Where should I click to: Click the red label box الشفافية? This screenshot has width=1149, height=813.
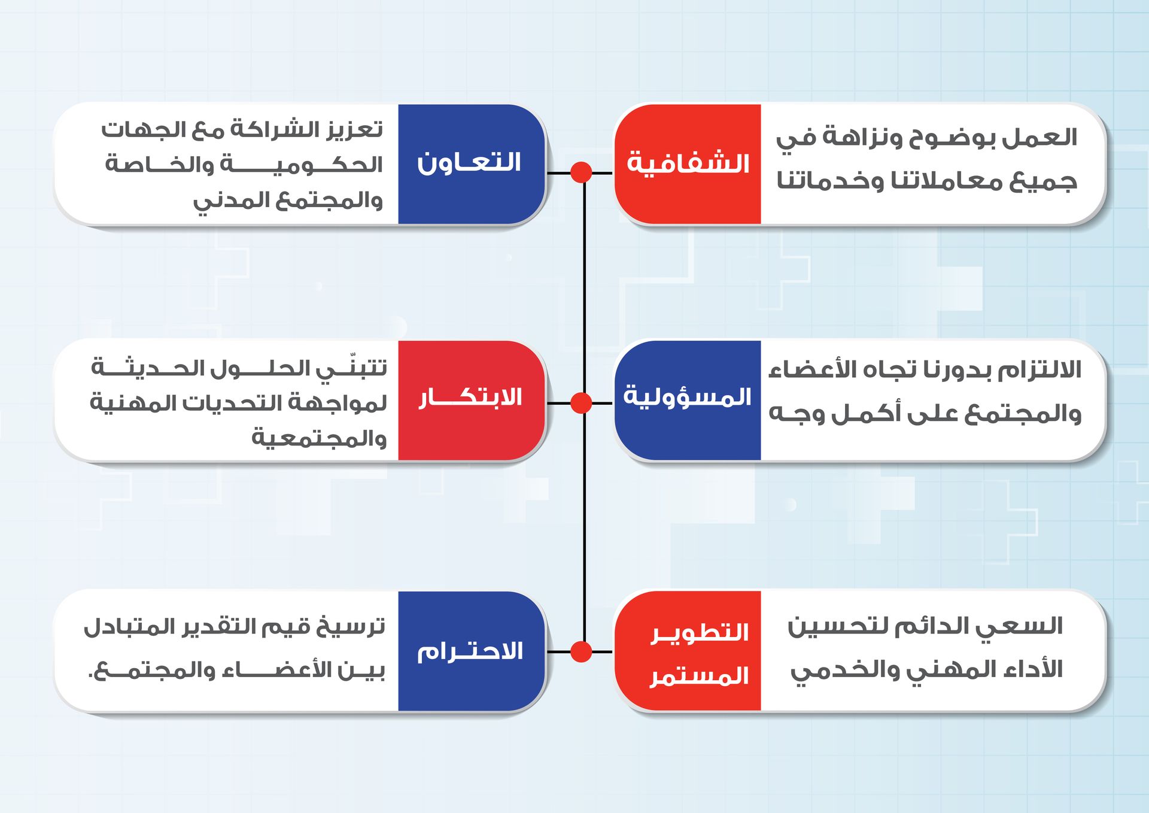(688, 164)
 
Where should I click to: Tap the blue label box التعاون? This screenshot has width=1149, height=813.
(472, 164)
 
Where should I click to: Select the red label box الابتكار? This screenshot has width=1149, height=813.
(472, 400)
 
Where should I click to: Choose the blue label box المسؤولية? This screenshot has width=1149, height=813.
(688, 400)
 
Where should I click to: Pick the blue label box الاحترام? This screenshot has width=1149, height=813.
(472, 651)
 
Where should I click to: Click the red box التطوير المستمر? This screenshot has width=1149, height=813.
(688, 651)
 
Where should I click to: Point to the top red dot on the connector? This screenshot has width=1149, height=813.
(581, 172)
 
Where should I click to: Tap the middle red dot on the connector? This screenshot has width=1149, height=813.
(581, 403)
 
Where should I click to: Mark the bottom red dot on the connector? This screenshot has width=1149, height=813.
(581, 651)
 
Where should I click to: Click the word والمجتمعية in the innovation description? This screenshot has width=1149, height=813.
(319, 438)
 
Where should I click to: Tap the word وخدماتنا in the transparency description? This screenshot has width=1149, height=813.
(830, 181)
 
